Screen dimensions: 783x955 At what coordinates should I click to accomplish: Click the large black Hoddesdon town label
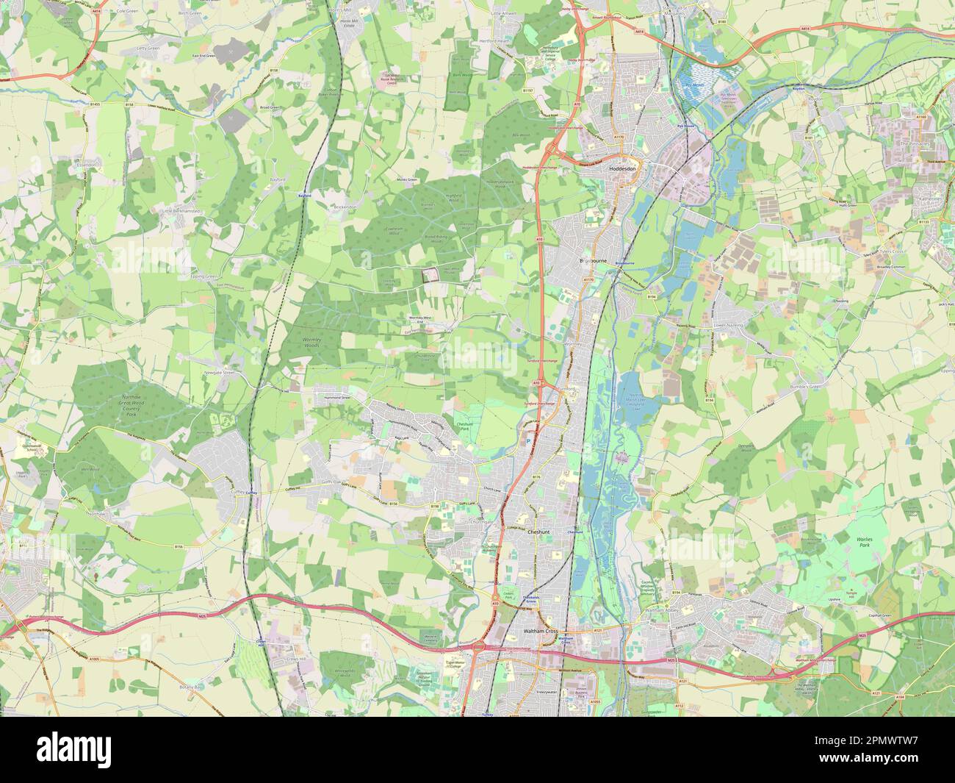(x=625, y=168)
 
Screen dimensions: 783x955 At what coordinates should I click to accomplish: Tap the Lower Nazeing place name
(x=728, y=324)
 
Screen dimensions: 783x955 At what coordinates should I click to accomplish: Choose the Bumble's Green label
(x=828, y=385)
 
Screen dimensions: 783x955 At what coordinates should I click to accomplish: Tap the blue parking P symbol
(x=527, y=441)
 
